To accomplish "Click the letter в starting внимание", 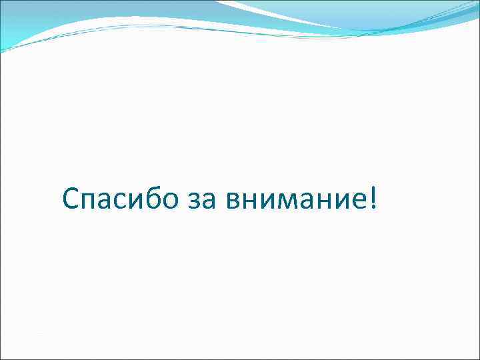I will tap(233, 201).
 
